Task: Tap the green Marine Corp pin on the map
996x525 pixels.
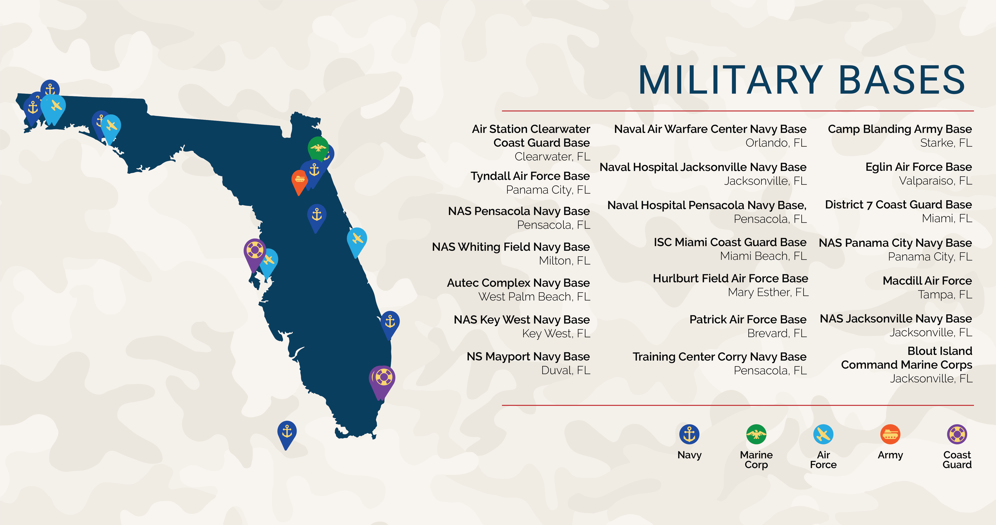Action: pyautogui.click(x=318, y=147)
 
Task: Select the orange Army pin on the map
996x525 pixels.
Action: pyautogui.click(x=300, y=180)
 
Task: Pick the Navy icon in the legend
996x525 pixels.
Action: pyautogui.click(x=689, y=434)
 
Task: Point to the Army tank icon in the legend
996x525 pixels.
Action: pyautogui.click(x=890, y=434)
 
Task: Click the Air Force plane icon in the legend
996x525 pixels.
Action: pyautogui.click(x=823, y=434)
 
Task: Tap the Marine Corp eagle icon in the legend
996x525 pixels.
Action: pyautogui.click(x=756, y=434)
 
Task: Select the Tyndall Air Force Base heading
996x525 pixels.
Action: pyautogui.click(x=530, y=176)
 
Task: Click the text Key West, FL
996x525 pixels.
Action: pyautogui.click(x=556, y=333)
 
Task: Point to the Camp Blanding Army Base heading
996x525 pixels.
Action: pyautogui.click(x=900, y=129)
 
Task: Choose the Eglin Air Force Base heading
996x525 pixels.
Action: pyautogui.click(x=918, y=167)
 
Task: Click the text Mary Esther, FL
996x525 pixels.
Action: pyautogui.click(x=768, y=292)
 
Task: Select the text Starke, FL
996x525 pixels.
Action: pyautogui.click(x=946, y=143)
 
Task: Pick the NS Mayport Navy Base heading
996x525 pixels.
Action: pyautogui.click(x=528, y=357)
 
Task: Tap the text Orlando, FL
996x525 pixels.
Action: pyautogui.click(x=776, y=143)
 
